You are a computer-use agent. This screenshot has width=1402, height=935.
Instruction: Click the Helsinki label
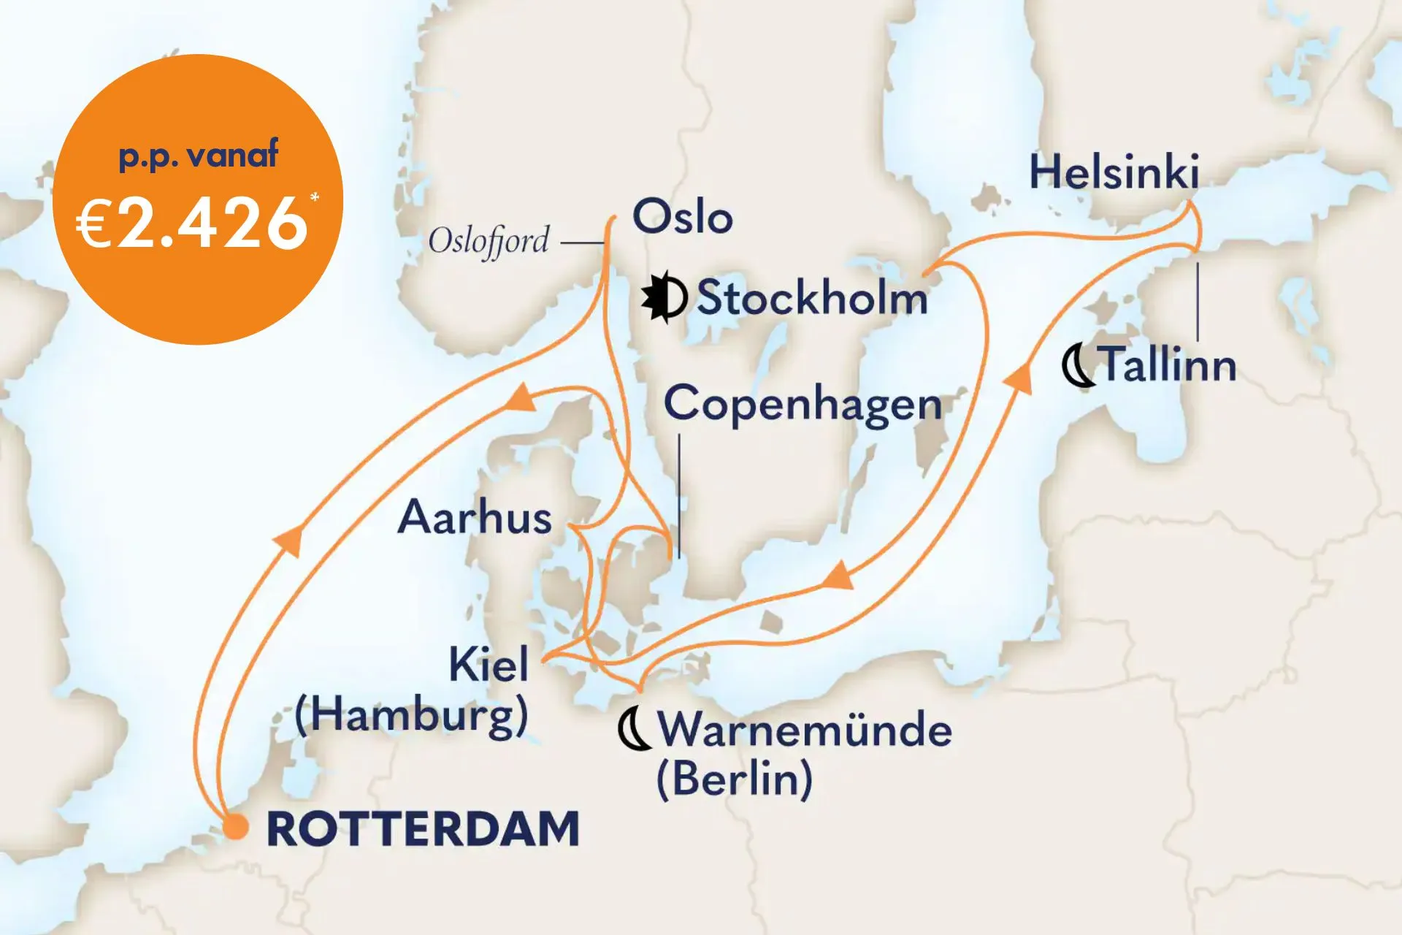tap(1114, 172)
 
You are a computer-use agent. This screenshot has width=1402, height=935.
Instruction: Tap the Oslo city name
tap(682, 217)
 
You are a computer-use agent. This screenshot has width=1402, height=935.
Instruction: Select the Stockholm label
tap(811, 298)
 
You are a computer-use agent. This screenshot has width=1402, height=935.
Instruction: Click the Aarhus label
tap(475, 517)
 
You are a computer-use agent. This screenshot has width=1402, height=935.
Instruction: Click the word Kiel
tap(489, 665)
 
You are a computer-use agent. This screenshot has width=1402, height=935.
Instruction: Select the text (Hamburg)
tap(411, 714)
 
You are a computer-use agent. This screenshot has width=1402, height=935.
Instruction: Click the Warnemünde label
tap(805, 729)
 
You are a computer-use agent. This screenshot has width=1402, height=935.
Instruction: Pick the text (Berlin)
tap(734, 779)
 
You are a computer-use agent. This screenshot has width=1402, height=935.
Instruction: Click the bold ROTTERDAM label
tap(424, 829)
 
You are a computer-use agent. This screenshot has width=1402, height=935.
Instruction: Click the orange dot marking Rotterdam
tap(235, 828)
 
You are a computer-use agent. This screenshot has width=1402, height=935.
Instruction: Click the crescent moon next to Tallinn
tap(1077, 366)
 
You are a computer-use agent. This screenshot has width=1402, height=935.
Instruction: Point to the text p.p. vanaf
tap(198, 156)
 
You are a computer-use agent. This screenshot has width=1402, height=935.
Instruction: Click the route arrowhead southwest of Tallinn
tap(1019, 380)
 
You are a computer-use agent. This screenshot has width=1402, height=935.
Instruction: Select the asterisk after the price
tap(315, 198)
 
